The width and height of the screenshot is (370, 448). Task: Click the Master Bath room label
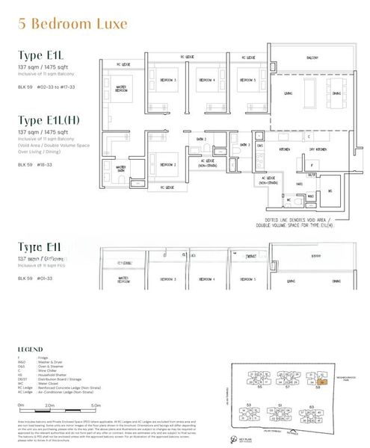click(x=120, y=169)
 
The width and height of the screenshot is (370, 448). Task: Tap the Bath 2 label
click(x=202, y=140)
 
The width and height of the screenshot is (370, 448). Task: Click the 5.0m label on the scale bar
click(x=96, y=405)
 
